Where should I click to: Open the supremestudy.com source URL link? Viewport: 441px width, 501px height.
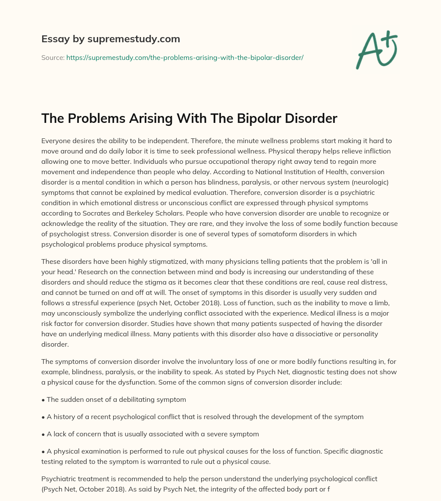click(x=185, y=57)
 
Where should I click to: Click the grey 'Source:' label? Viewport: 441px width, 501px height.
click(x=53, y=57)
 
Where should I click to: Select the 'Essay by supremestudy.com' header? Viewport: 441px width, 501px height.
click(x=111, y=39)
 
